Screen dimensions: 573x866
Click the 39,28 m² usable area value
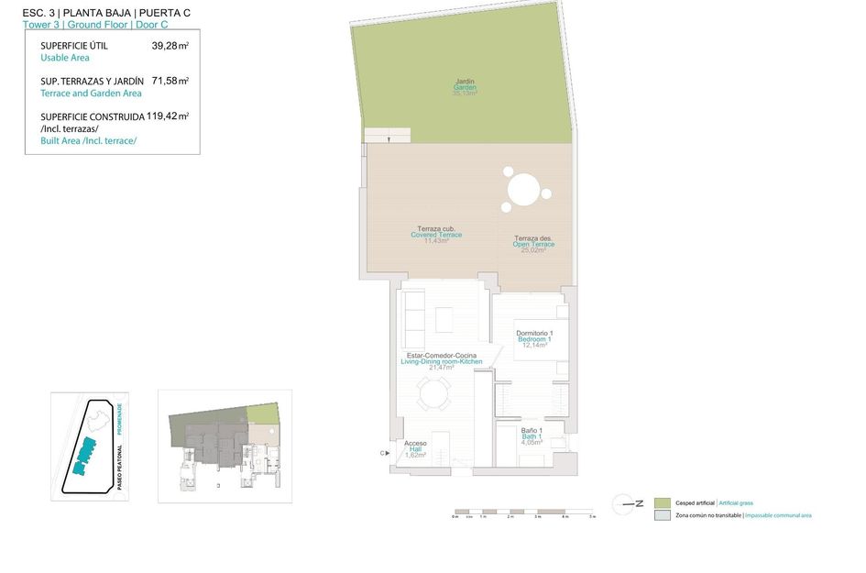[170, 45]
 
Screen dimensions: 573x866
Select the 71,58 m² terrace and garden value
[170, 81]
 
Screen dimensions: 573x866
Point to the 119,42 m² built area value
[168, 116]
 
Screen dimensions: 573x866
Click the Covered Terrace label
[436, 235]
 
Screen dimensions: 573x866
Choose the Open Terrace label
[533, 244]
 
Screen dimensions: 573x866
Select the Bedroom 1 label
[534, 338]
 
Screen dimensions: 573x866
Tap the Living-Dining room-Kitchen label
[441, 360]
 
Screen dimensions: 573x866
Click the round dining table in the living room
[434, 395]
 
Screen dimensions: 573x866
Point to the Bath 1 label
[532, 436]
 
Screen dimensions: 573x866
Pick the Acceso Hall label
[416, 449]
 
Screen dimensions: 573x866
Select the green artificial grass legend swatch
[663, 502]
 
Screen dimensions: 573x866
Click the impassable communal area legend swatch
[663, 515]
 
